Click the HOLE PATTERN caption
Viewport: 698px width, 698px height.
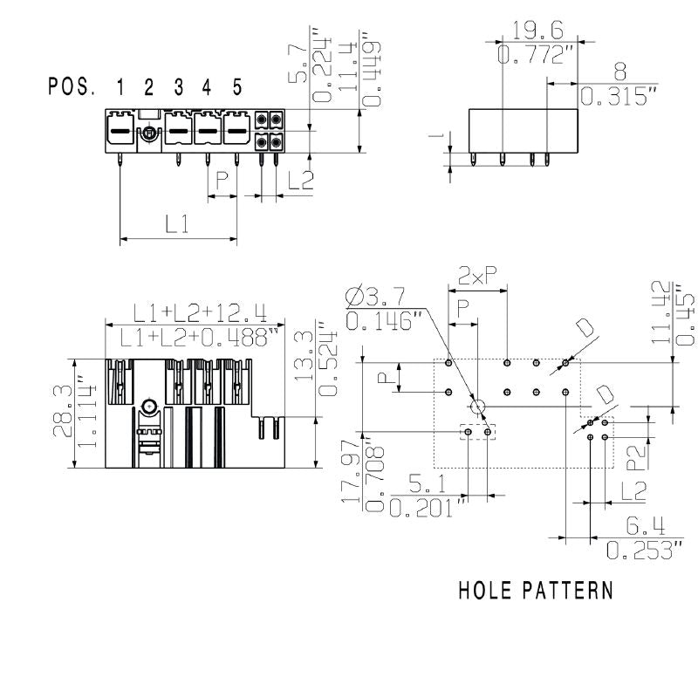536,591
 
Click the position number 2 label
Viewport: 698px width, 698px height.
148,87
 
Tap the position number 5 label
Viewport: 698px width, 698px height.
236,87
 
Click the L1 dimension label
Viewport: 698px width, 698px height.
177,224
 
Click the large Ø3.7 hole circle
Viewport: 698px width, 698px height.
477,407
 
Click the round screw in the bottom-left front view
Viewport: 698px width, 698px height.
148,406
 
